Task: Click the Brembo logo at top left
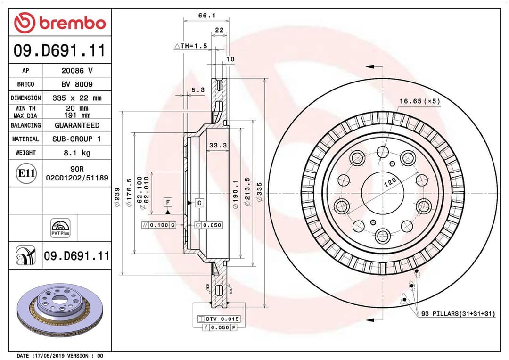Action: click(x=60, y=23)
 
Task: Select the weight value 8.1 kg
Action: click(x=77, y=153)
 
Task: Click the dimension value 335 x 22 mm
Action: click(x=77, y=98)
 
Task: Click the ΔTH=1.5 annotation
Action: click(x=191, y=46)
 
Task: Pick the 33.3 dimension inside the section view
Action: click(x=218, y=146)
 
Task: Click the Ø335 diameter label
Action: click(x=259, y=194)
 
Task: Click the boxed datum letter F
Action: click(x=168, y=203)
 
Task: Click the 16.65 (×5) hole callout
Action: click(x=419, y=101)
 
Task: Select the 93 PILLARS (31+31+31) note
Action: click(x=458, y=313)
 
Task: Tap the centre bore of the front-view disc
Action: click(x=383, y=194)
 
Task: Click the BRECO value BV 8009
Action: click(x=77, y=84)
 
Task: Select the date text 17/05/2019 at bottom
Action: click(x=47, y=355)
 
